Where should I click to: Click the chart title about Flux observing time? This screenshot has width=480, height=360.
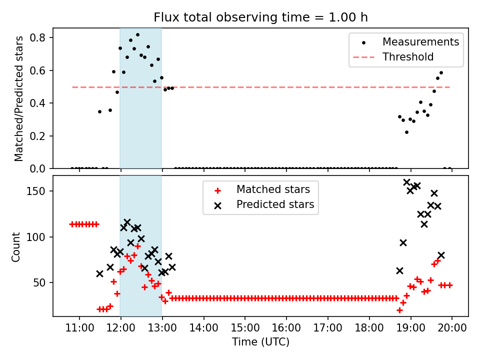260,17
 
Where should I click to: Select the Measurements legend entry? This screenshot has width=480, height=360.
420,42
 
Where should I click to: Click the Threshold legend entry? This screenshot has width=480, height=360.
408,57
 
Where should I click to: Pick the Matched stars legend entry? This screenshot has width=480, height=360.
273,190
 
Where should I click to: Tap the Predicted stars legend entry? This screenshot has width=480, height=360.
275,204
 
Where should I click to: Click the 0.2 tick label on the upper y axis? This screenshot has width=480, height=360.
39,136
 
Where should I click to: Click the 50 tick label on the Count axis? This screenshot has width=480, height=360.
42,282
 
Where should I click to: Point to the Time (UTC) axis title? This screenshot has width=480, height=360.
260,342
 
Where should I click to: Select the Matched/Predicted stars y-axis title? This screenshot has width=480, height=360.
19,98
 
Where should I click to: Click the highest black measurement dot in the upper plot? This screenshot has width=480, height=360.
137,35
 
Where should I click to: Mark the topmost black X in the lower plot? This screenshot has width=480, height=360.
406,182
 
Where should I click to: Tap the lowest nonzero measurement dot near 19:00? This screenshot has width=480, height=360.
406,132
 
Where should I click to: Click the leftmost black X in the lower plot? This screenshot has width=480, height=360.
99,273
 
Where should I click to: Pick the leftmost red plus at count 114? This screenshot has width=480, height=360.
72,224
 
